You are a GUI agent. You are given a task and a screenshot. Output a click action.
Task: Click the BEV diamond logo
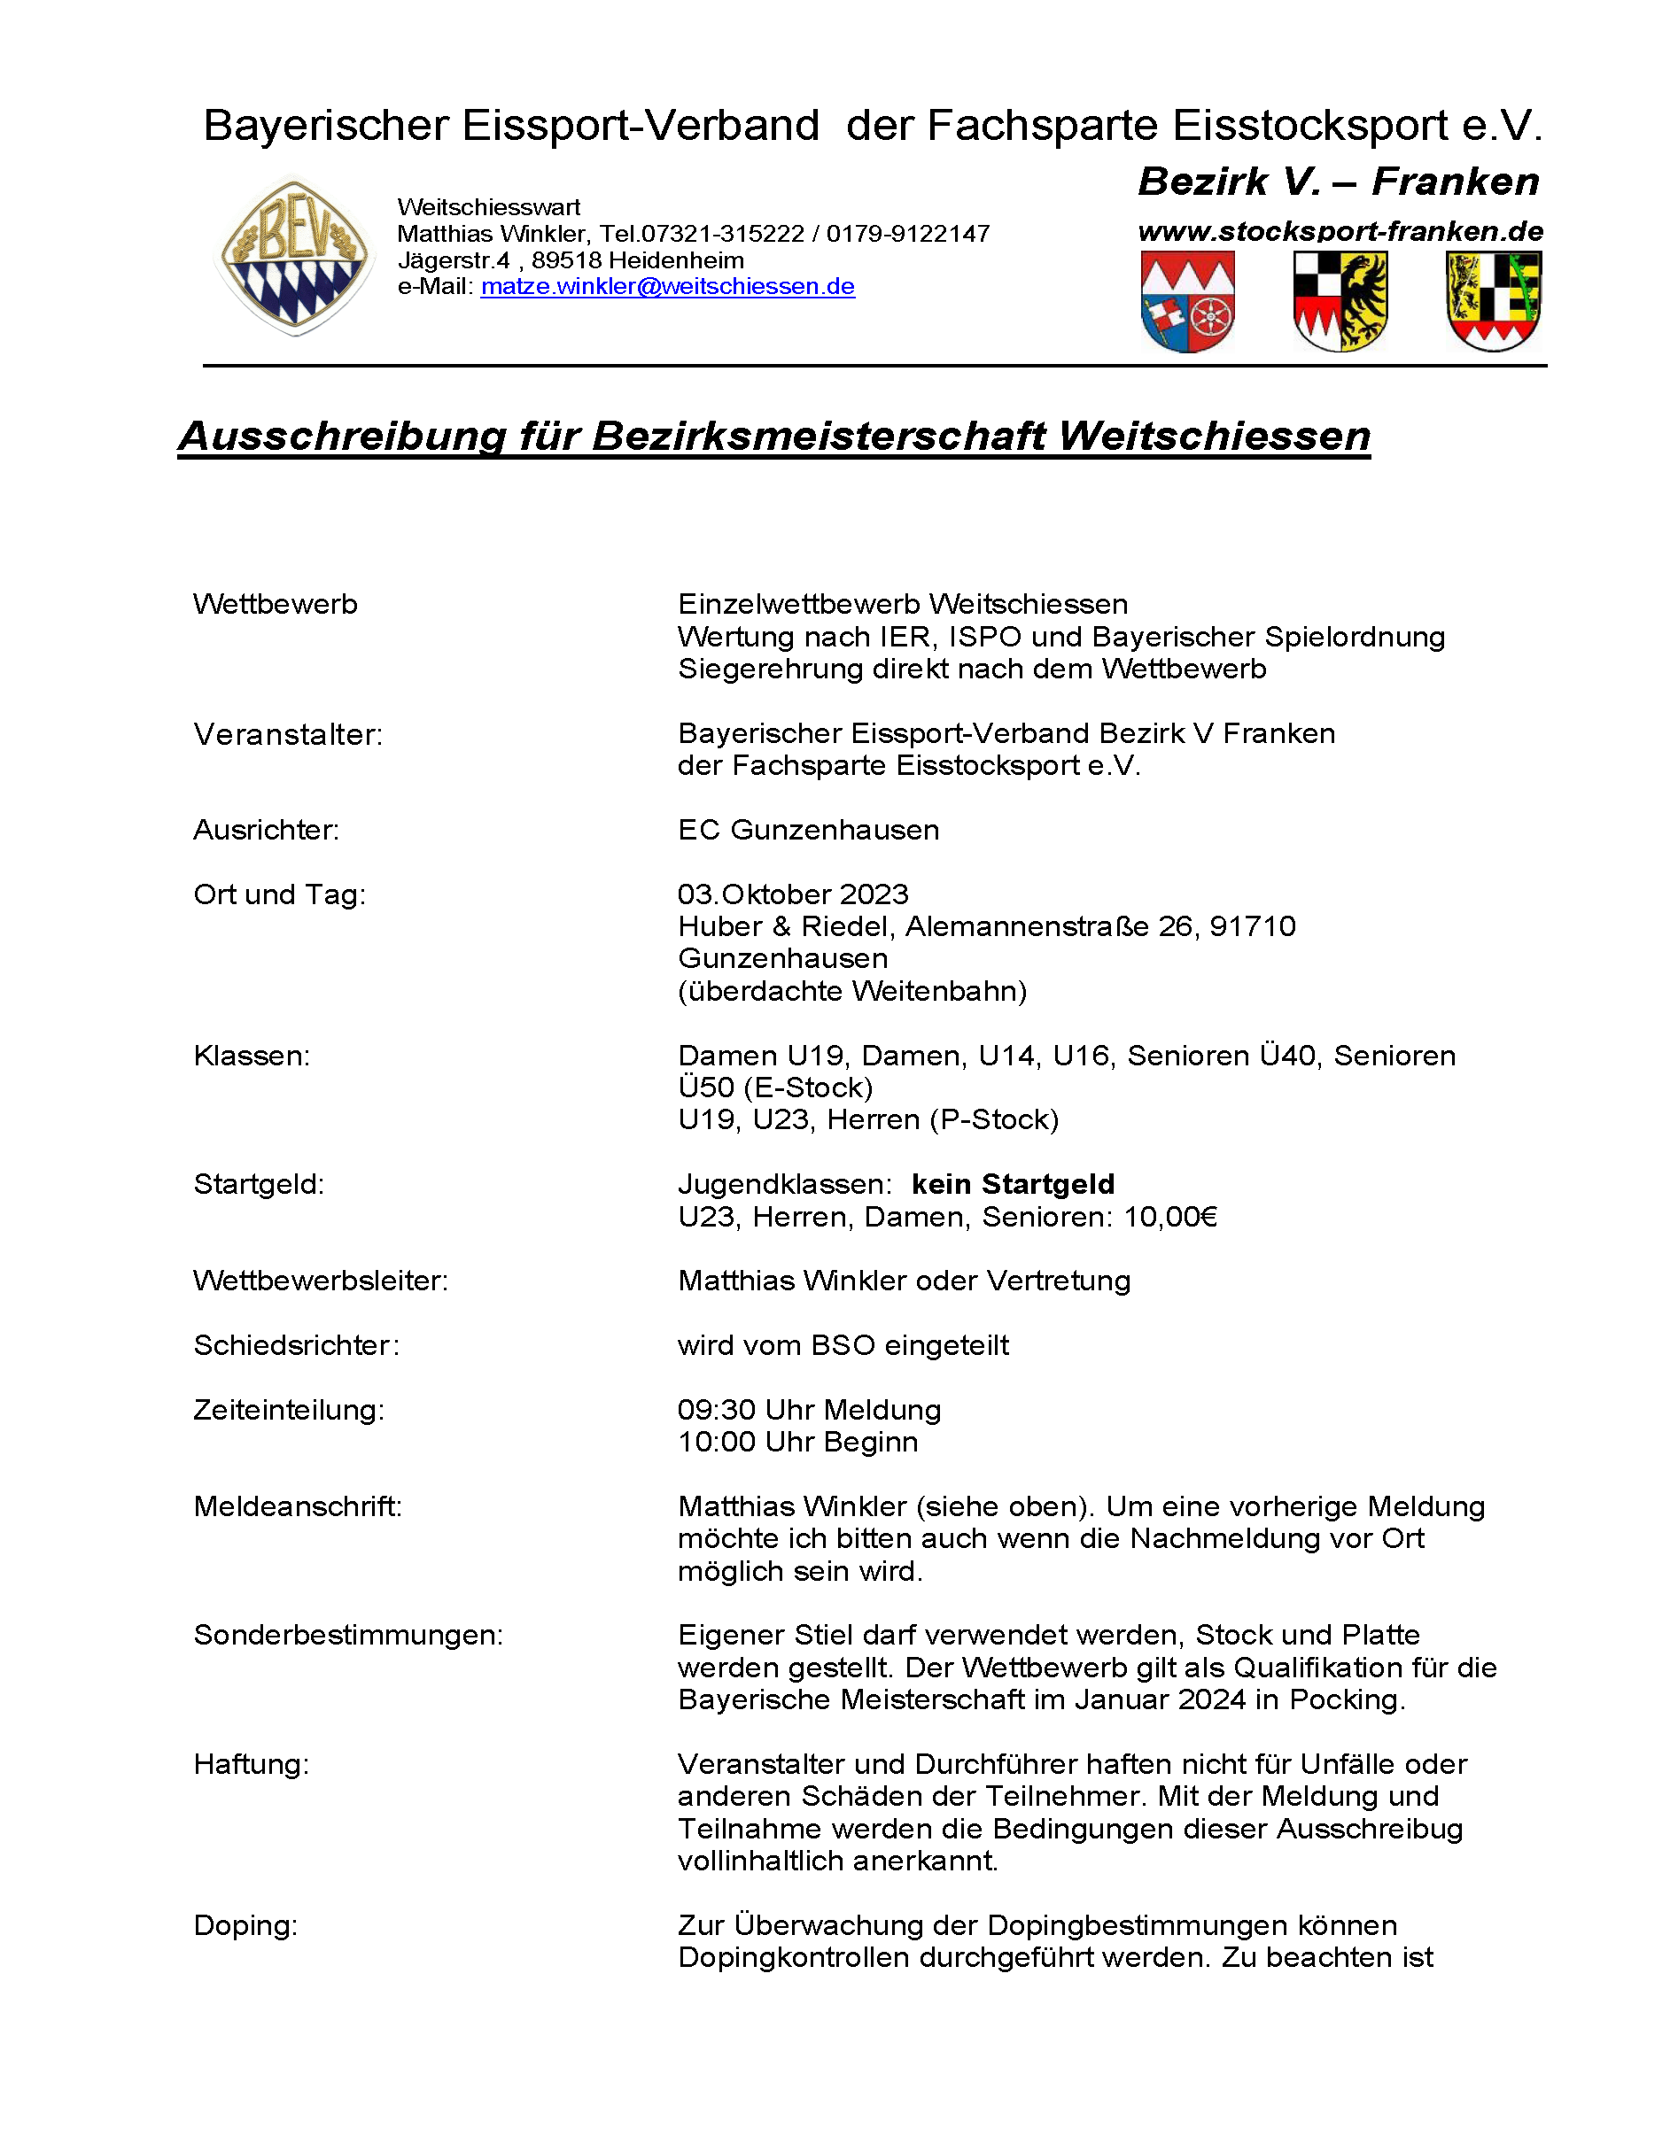(x=295, y=258)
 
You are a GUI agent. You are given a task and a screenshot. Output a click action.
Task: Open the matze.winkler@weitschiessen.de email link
(x=667, y=287)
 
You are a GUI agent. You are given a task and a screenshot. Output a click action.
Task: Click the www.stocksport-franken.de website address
(x=1340, y=232)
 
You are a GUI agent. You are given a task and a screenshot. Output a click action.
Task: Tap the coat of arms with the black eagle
(x=1340, y=300)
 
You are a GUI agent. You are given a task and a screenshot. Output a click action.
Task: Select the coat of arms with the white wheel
(x=1188, y=301)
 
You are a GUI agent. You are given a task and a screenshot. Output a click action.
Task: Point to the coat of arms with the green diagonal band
(x=1494, y=300)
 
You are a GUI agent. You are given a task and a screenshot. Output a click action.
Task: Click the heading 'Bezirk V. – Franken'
(x=1338, y=182)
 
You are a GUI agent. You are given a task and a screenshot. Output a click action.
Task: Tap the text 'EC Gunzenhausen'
(x=808, y=830)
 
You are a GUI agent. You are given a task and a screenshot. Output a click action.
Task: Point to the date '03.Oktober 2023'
(x=793, y=894)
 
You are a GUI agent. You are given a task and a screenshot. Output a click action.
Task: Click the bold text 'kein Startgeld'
(x=1013, y=1184)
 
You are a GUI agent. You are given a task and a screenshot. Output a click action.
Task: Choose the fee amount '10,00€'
(x=1170, y=1217)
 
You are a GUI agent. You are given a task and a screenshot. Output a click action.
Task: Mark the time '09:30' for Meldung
(x=716, y=1411)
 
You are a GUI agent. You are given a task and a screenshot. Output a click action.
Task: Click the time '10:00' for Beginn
(x=716, y=1443)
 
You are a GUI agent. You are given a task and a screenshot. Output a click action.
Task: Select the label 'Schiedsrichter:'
(x=297, y=1345)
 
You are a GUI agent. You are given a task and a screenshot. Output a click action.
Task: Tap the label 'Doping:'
(x=245, y=1926)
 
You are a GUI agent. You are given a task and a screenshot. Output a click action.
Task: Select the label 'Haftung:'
(x=252, y=1765)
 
